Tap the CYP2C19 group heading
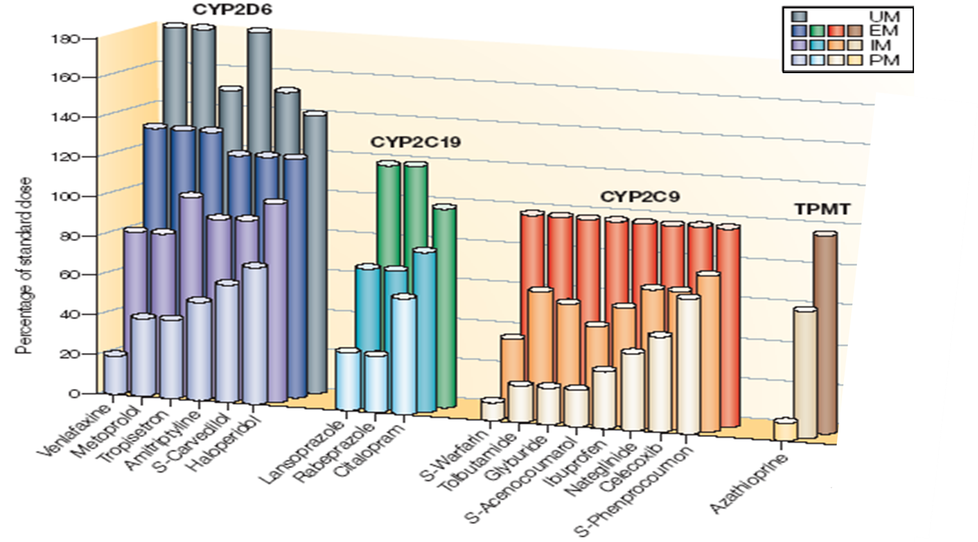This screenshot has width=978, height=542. click(x=415, y=142)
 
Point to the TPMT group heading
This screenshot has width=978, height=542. click(x=823, y=209)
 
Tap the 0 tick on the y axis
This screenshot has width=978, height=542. click(x=75, y=393)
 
